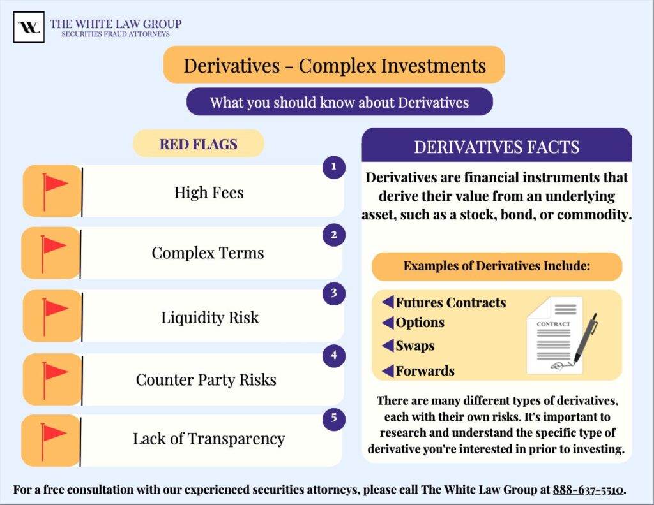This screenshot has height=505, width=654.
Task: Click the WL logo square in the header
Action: click(29, 27)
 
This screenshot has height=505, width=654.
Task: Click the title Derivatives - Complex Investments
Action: click(335, 65)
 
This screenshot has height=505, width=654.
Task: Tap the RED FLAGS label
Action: click(198, 144)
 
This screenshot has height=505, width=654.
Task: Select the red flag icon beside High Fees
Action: click(54, 191)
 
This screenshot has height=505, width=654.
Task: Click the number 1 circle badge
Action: click(333, 168)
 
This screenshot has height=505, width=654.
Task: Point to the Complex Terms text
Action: click(208, 253)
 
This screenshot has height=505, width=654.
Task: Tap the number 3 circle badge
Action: click(333, 294)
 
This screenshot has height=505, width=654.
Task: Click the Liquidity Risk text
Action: click(209, 318)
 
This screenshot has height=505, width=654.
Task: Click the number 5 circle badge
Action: click(333, 419)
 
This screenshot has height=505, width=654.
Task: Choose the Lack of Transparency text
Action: click(208, 439)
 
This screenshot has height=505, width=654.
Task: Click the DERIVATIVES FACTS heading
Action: click(496, 147)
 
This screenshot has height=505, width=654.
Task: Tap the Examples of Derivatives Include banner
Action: click(496, 266)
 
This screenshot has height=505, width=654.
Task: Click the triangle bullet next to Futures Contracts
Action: click(388, 302)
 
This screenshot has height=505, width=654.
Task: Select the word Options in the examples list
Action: click(420, 323)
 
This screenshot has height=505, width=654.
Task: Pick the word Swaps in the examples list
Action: click(414, 346)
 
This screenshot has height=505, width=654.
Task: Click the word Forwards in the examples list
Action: click(425, 371)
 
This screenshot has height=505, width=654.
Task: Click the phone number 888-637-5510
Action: click(588, 490)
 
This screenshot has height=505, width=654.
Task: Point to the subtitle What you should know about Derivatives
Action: click(339, 102)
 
